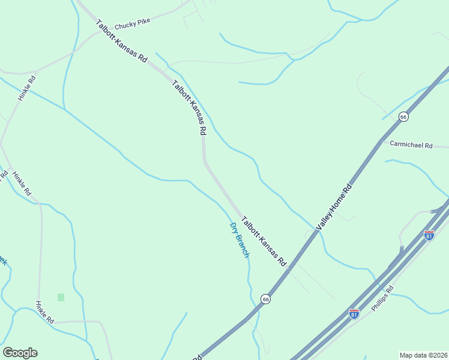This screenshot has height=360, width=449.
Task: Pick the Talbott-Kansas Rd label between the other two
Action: (190, 107)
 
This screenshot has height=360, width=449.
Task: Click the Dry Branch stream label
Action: (240, 240)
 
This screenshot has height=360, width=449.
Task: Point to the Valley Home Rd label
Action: (335, 207)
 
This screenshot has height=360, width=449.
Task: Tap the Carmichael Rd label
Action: (411, 145)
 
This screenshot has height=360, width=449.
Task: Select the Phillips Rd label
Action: (382, 298)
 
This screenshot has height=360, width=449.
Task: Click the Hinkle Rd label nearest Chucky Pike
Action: (27, 88)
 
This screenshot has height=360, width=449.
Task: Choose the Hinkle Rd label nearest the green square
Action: (44, 313)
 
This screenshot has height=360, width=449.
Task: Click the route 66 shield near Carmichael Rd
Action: (403, 116)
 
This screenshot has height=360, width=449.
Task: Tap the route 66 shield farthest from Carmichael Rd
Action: (265, 298)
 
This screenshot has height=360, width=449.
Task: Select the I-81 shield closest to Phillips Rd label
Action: (354, 314)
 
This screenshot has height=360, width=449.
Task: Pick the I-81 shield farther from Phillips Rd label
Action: (429, 235)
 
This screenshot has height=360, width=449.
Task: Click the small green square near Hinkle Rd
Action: (61, 297)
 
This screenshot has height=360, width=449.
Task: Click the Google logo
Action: (20, 353)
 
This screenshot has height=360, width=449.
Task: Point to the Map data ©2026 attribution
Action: (423, 355)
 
